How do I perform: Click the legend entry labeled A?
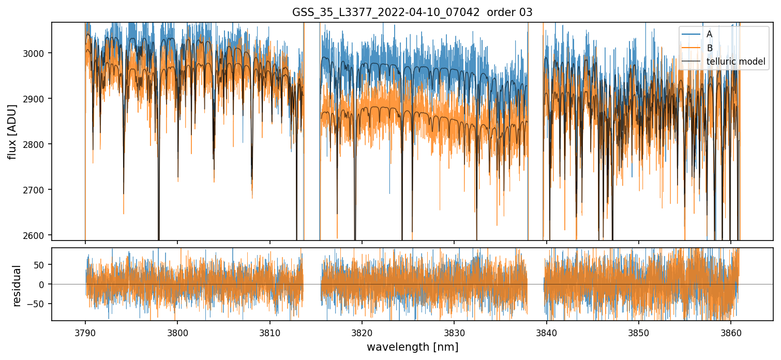[709, 34]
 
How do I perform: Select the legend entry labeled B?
[709, 48]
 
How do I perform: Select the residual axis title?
[17, 286]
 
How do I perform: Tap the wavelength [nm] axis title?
[412, 347]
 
